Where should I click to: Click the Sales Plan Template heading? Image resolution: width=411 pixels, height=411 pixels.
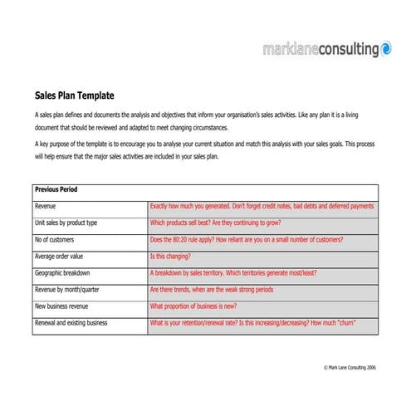coord(74,95)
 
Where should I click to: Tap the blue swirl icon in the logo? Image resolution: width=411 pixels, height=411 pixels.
coord(386,50)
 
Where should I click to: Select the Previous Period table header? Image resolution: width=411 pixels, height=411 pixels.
coord(56,190)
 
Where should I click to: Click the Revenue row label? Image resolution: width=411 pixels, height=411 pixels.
coord(46,206)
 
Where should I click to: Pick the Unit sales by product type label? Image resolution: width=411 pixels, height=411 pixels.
coord(66,223)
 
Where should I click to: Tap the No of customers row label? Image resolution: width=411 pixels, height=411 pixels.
coord(56,240)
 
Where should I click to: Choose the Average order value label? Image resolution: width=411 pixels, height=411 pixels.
coord(60,257)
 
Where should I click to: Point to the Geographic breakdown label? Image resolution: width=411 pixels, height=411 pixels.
coord(62,273)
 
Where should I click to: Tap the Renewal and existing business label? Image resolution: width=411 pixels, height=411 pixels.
coord(71,323)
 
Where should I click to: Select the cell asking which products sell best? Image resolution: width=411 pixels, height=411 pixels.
coord(215,223)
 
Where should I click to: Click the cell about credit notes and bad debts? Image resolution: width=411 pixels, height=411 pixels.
coord(262,206)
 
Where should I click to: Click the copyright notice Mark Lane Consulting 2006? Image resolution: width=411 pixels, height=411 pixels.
coord(350,366)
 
